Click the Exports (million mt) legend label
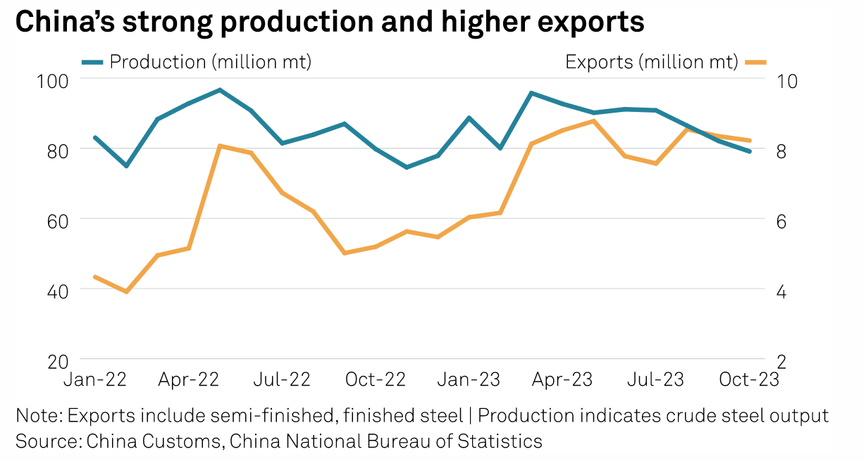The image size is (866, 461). click(x=651, y=62)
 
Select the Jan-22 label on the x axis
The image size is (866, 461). click(x=94, y=379)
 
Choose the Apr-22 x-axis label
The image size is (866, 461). click(x=188, y=379)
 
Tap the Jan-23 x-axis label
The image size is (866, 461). click(x=469, y=379)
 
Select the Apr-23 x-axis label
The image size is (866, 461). click(x=562, y=379)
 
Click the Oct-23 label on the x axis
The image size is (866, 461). click(x=748, y=379)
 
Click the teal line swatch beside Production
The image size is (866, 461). click(x=92, y=62)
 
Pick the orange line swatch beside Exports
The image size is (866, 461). click(x=755, y=62)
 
